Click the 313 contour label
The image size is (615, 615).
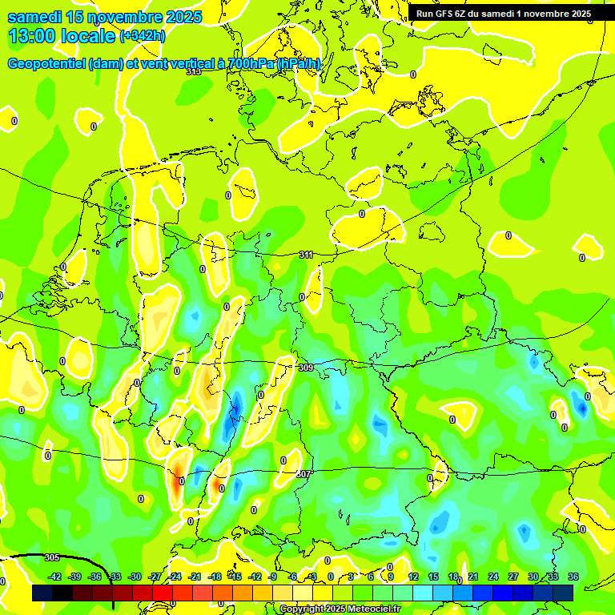(x=194, y=71)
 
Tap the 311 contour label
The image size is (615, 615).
(x=307, y=255)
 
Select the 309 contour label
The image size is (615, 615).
(x=306, y=368)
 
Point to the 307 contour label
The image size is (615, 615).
(x=303, y=474)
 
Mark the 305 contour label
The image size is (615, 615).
(x=52, y=557)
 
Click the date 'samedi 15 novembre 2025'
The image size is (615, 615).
(x=104, y=17)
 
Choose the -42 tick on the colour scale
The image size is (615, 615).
(x=54, y=577)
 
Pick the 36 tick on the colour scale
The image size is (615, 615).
(x=573, y=577)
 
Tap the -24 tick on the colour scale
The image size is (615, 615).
(x=175, y=577)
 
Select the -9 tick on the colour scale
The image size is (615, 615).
(x=273, y=577)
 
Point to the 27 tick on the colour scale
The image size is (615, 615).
(x=513, y=577)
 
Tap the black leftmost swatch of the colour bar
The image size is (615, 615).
(x=42, y=593)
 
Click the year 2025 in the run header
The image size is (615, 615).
(x=576, y=14)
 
